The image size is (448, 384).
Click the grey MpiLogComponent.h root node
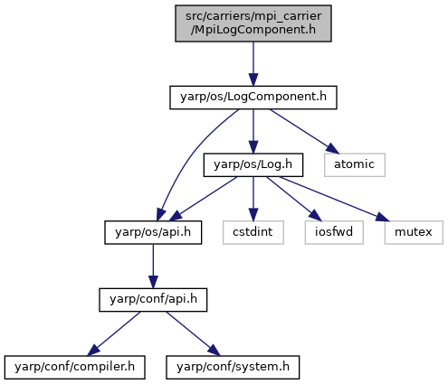pos(253,23)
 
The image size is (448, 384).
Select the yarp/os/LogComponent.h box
pos(253,98)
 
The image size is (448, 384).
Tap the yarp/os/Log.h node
pos(253,164)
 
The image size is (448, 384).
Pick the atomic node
pos(355,164)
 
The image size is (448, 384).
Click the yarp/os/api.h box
pos(153,232)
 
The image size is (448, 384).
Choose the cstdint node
pos(253,232)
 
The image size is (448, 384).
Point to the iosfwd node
pos(334,232)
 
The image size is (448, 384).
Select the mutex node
pos(414,232)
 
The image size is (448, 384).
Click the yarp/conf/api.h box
pos(153,300)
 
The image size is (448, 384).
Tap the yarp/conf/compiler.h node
pos(74,367)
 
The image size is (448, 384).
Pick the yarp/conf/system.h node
pos(233,367)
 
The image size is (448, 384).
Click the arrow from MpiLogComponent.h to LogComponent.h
pos(253,64)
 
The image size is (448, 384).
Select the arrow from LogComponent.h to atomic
pos(304,131)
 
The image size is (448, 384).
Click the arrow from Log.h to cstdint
pos(253,199)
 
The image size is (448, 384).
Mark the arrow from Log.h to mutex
pos(334,199)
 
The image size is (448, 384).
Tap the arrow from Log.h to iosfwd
pos(294,199)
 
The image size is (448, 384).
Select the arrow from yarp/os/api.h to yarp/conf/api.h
pos(153,267)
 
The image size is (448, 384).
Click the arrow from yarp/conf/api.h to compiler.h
pos(114,333)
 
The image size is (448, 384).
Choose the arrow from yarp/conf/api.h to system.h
pos(193,333)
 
